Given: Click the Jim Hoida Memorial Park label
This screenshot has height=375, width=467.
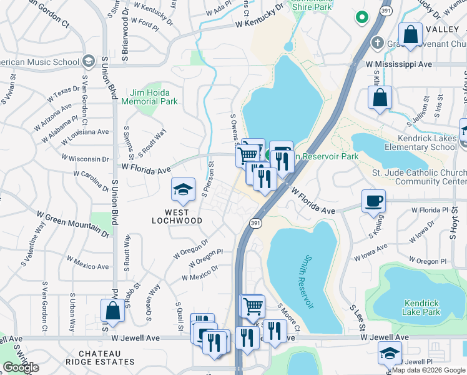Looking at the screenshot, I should pos(149,96).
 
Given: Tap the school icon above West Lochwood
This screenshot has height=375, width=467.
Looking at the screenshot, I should pos(182,190).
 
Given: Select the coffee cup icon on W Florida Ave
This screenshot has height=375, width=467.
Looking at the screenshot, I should pos(374,201).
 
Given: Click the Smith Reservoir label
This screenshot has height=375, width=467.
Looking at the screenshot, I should pos(306,281).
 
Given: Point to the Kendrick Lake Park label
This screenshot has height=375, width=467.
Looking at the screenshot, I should pos(421,307).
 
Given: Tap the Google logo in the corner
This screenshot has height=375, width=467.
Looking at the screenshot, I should pos(21,367).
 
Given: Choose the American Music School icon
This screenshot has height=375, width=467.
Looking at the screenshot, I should pos(88,61).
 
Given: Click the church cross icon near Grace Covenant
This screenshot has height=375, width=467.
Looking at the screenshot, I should pos(376,44).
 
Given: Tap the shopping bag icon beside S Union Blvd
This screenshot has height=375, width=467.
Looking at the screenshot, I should pos(112,310).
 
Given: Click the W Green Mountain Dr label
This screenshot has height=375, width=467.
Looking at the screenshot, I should pos(73,224).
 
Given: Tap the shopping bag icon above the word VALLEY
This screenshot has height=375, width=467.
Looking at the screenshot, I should pos(411,35).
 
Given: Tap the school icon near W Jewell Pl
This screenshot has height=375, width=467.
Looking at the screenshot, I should pos(390,354).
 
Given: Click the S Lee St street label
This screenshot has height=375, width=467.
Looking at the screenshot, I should pos(358,318).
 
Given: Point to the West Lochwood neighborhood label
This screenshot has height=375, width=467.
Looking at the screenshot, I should pos(178,216).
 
